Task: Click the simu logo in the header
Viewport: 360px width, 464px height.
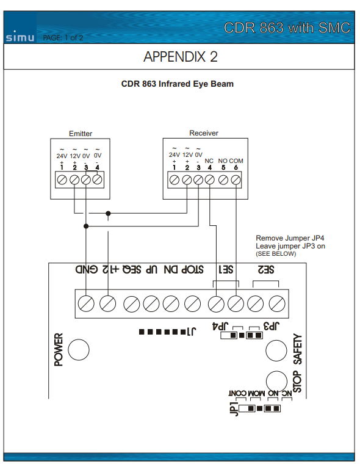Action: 20,37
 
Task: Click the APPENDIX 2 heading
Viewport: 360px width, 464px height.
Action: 181,57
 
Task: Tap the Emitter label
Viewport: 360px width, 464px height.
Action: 81,134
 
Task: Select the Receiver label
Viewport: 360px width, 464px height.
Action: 204,133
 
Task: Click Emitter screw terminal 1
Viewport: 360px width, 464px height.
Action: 62,179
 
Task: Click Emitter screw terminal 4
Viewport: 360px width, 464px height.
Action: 97,179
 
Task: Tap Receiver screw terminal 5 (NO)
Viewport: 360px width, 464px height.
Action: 223,180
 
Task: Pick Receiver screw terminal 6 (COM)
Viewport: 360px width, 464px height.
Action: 236,180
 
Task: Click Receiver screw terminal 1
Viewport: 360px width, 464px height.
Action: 175,180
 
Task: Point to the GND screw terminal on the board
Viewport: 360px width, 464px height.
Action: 86,303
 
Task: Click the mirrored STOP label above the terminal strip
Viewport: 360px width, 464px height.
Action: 192,270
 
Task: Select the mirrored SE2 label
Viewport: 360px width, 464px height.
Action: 266,270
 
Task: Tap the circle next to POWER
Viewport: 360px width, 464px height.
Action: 78,349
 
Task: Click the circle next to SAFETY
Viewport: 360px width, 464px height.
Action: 276,350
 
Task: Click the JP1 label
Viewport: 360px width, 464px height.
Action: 234,409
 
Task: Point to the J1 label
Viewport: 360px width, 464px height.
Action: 192,331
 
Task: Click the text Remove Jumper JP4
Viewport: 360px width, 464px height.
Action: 290,238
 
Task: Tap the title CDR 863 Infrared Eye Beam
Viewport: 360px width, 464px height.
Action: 178,84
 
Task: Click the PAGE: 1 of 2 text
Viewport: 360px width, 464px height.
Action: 63,38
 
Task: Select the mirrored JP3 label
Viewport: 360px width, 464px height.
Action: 272,326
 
